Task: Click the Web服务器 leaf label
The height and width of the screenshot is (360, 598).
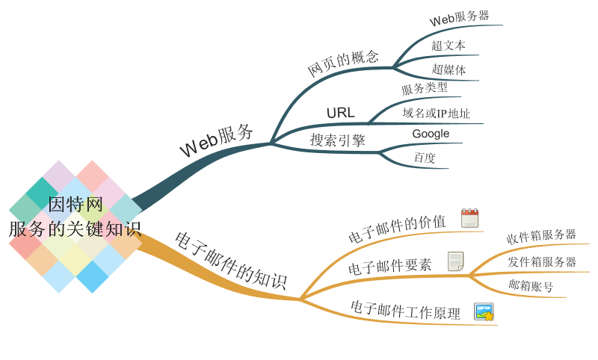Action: point(459,18)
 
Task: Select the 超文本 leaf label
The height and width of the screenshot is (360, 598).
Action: point(449,46)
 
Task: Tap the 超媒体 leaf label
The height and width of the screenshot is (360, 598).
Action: point(449,69)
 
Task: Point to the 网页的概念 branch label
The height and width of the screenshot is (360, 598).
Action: point(343,63)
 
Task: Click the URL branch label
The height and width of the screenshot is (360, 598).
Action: point(341,113)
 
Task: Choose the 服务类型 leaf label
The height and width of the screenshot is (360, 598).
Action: point(425,89)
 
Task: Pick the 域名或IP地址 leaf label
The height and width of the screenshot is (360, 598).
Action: point(437,113)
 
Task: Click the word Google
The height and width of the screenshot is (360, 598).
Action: point(431,134)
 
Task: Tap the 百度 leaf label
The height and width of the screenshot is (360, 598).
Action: point(425,158)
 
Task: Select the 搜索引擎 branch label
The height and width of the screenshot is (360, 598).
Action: point(338,140)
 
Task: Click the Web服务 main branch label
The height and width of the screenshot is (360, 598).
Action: point(216,140)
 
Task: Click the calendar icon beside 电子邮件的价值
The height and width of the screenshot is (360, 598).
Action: point(469,218)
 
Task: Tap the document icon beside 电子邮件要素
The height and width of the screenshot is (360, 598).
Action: point(456,261)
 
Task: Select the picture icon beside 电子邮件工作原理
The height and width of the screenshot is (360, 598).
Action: point(484,312)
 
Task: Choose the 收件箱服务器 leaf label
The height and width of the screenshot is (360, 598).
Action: point(541,236)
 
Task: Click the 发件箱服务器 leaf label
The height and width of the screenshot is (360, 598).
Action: point(542,261)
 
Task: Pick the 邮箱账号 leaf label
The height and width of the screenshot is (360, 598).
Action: point(531,286)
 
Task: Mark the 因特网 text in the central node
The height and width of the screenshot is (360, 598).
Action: point(75,205)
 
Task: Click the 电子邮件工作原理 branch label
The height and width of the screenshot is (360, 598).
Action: point(405,310)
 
